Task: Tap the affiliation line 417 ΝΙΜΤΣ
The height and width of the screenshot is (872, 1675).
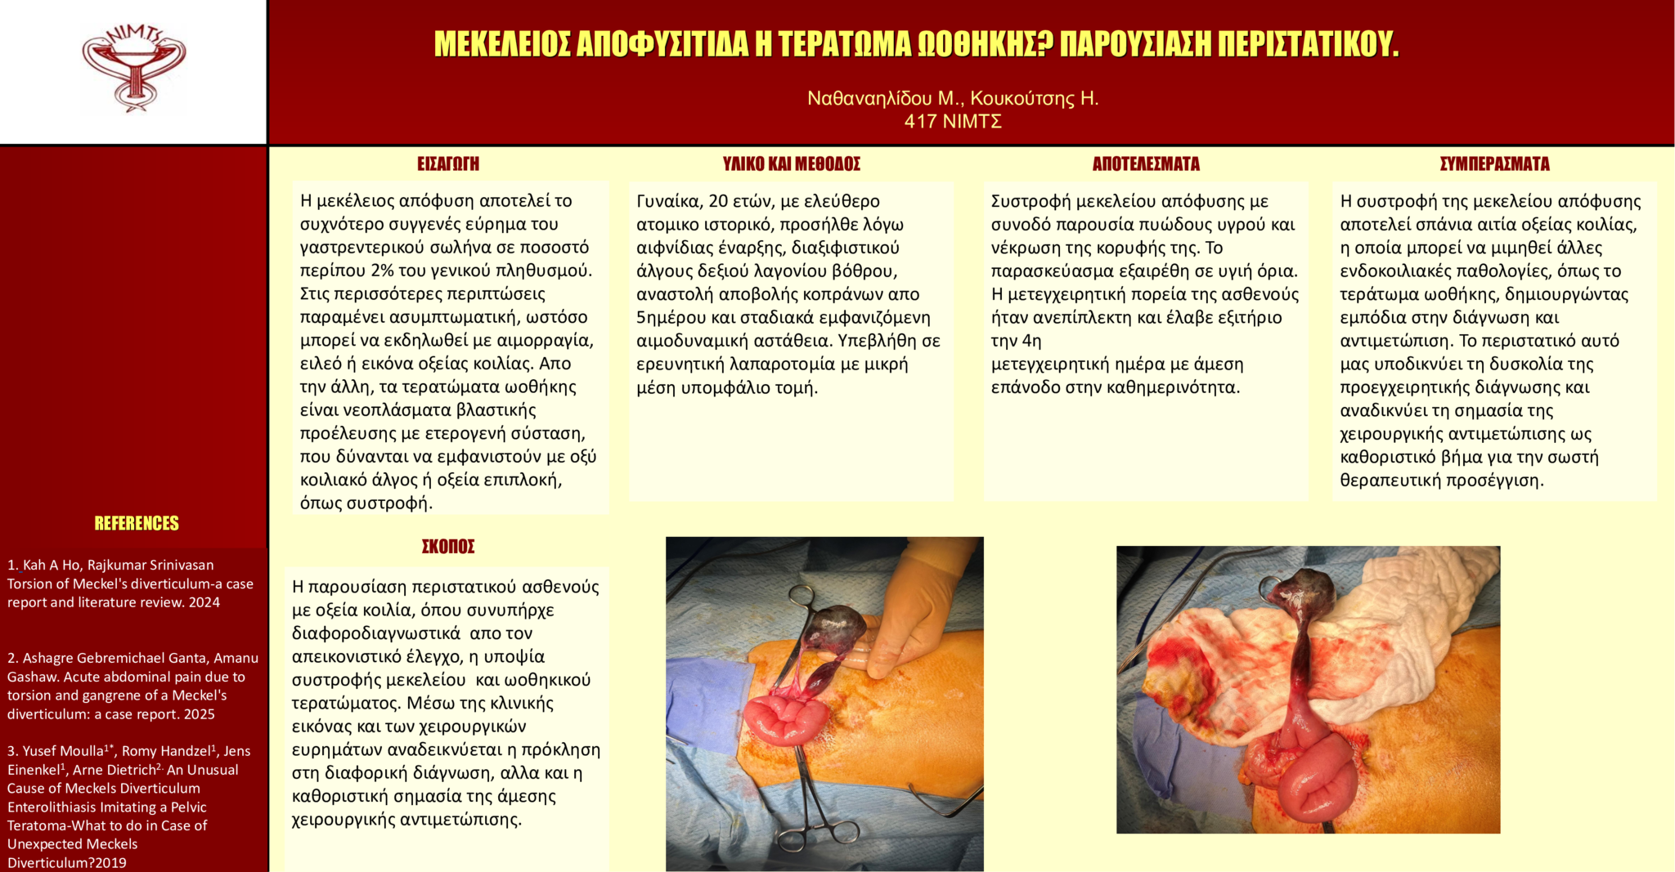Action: [x=952, y=122]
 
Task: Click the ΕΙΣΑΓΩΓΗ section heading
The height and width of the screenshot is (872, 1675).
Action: [x=447, y=164]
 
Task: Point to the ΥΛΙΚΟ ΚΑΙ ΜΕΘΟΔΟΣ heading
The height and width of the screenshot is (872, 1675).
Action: [x=791, y=164]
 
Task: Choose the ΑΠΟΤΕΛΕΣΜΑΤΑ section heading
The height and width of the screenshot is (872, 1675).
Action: [x=1145, y=164]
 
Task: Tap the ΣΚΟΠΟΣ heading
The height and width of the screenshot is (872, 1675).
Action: [x=447, y=547]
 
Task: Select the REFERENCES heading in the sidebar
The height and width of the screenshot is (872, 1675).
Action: [x=136, y=524]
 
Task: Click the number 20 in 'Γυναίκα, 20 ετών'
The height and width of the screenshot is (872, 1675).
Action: [x=718, y=202]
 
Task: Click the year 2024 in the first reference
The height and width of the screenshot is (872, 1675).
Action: [x=204, y=603]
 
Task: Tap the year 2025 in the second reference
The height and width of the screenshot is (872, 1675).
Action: [x=200, y=714]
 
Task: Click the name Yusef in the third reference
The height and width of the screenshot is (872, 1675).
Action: [x=39, y=751]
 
